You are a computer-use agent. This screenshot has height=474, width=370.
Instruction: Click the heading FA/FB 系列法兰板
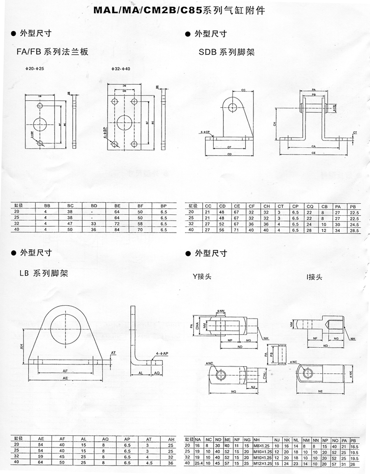coord(52,52)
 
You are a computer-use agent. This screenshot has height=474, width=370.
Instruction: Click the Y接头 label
coord(204,276)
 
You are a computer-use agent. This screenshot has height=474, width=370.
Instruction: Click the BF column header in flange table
coord(140,206)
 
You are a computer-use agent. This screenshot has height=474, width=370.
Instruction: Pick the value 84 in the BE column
coord(117,229)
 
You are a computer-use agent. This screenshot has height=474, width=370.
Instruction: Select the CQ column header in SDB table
coord(309,206)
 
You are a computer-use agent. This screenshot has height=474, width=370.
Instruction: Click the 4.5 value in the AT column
coord(149,462)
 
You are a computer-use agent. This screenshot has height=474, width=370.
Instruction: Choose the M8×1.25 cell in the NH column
coord(261,445)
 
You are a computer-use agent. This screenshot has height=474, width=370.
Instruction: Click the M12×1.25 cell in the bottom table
coord(261,464)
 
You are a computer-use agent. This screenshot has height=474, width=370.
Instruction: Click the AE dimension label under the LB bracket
coord(65,378)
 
